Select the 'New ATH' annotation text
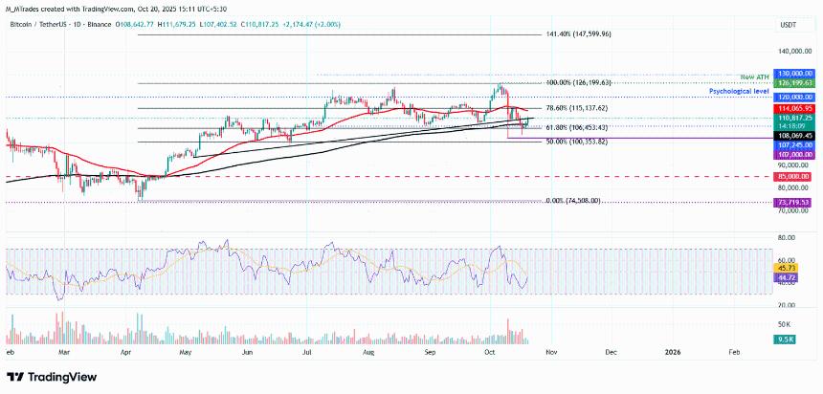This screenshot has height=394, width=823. click(x=756, y=76)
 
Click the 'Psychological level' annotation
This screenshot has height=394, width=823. click(x=740, y=90)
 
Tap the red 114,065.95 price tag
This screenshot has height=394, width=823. click(x=795, y=109)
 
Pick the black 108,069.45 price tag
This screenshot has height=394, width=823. click(x=795, y=136)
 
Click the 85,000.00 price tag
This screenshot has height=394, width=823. click(x=795, y=177)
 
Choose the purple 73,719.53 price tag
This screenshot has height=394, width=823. click(x=795, y=203)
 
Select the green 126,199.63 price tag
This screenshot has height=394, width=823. click(x=795, y=83)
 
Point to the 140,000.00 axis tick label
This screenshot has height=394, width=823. click(x=793, y=52)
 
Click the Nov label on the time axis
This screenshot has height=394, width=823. click(x=550, y=351)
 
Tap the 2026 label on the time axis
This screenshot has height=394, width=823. click(x=673, y=351)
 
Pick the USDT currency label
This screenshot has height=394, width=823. click(x=789, y=25)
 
